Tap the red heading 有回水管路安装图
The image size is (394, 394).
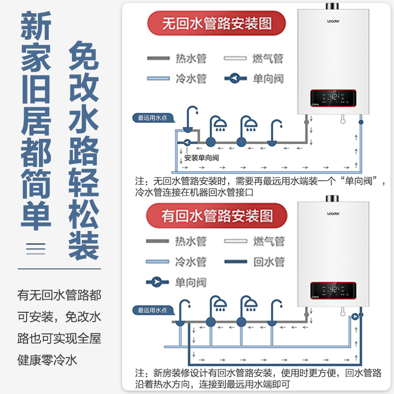point(217,215)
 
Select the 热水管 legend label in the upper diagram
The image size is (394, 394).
point(191,59)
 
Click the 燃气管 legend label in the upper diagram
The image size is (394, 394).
point(268,59)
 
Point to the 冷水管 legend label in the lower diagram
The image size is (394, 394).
point(191,262)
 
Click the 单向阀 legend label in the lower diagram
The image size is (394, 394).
point(191,282)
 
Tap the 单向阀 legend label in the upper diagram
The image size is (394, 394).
point(268,78)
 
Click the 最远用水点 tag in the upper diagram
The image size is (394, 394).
point(153,118)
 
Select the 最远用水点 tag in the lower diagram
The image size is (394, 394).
point(153,310)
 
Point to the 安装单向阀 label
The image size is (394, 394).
point(201,158)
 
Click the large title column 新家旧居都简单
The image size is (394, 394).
point(35,123)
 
